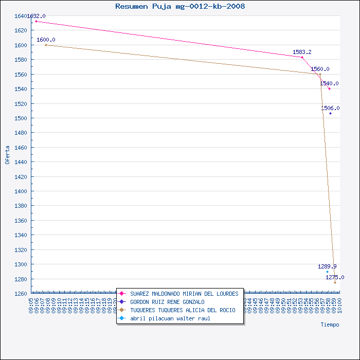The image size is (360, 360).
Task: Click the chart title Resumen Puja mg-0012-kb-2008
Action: tap(180, 7)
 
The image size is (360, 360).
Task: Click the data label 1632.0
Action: tap(36, 16)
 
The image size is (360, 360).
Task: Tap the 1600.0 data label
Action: tap(46, 40)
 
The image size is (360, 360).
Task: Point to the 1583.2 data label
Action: tap(302, 52)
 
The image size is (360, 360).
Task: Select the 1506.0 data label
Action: tap(330, 109)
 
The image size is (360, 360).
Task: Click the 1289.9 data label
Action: tap(327, 267)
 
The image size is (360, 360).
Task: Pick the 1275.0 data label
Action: tap(335, 278)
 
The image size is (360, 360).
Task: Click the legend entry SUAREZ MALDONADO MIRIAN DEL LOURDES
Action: tap(184, 294)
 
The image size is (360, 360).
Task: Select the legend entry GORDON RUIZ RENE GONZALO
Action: tap(167, 302)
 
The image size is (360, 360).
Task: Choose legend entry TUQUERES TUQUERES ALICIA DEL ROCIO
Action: tap(183, 310)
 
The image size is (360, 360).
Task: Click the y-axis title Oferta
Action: tap(7, 154)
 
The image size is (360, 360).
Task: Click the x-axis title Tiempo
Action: tap(330, 325)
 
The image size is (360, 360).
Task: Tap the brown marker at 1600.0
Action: tap(46, 45)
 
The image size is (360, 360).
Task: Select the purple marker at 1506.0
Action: tap(330, 113)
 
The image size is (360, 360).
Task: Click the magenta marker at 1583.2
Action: tap(302, 57)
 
